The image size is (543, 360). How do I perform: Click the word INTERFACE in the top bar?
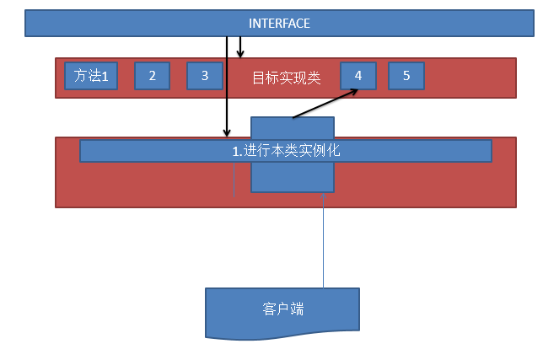(280, 24)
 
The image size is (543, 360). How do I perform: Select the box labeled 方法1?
(91, 76)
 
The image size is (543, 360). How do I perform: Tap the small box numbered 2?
(152, 76)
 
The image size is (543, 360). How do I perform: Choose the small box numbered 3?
(205, 76)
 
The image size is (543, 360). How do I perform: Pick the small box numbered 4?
(358, 76)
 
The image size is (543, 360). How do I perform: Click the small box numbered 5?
(406, 76)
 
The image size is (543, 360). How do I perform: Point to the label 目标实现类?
(287, 78)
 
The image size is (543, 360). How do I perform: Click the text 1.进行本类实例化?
(286, 151)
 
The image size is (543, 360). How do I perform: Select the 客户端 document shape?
(282, 310)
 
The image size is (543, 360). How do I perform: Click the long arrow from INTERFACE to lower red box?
(227, 84)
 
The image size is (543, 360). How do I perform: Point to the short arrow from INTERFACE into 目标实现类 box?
(240, 46)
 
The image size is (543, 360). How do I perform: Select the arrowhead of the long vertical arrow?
(227, 132)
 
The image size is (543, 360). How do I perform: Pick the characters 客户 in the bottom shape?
(275, 310)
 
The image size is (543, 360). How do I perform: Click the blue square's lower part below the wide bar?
(292, 177)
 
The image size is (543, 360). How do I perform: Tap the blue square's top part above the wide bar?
(292, 128)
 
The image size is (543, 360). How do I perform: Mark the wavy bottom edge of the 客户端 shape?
(282, 336)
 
